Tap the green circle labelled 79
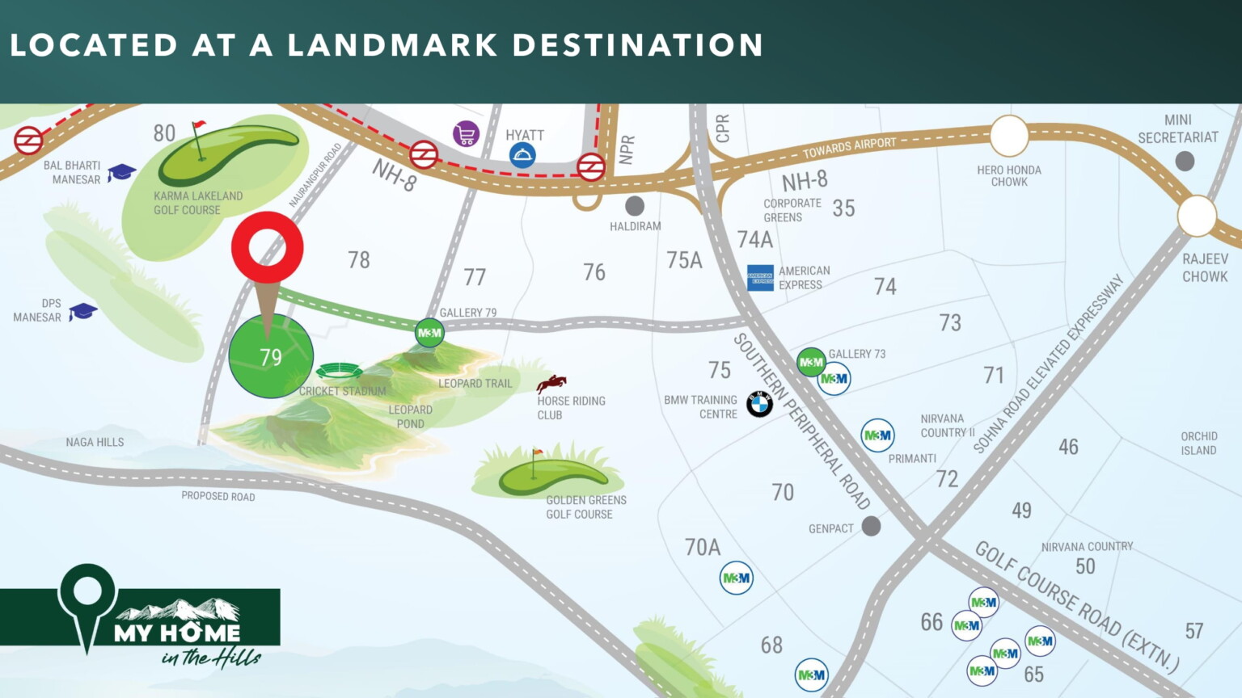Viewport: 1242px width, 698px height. pos(271,356)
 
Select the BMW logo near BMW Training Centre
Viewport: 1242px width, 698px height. pos(759,403)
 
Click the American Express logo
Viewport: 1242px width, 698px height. pos(760,278)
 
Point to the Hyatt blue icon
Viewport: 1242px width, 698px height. pos(522,155)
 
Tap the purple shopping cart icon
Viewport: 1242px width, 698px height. pos(466,134)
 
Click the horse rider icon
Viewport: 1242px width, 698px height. pos(551,383)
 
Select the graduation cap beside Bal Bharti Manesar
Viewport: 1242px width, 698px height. pos(122,172)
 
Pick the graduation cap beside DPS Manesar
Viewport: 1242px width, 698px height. pos(82,311)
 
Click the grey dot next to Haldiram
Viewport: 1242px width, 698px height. pos(635,205)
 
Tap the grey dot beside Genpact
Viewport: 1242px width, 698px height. pos(871,527)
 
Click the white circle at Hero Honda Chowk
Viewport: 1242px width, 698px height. pos(1009,136)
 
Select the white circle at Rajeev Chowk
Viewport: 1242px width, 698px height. pos(1197,217)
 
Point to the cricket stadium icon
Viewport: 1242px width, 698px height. pos(339,372)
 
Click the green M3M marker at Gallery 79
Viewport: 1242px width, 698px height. pos(429,332)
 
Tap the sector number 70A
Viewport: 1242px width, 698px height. pos(702,548)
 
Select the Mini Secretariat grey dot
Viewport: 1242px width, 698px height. pos(1185,162)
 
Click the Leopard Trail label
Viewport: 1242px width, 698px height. pos(475,384)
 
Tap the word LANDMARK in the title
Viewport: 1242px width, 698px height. pos(392,45)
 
